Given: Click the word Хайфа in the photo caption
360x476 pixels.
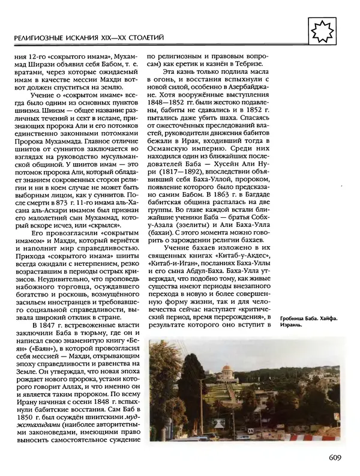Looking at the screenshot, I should (322, 317).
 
